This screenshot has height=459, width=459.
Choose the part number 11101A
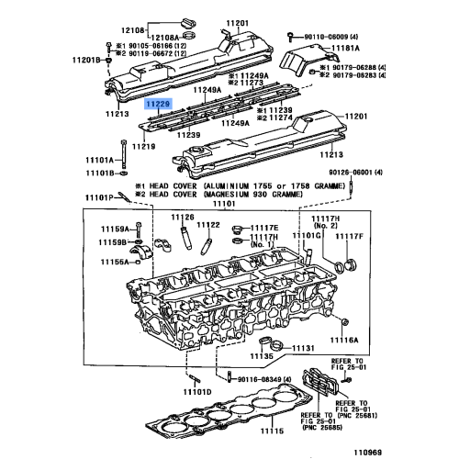click(100, 160)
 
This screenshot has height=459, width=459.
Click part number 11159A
click(116, 228)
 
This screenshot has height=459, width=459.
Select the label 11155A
click(116, 261)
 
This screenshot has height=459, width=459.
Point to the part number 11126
click(183, 217)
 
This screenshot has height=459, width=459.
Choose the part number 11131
click(304, 349)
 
